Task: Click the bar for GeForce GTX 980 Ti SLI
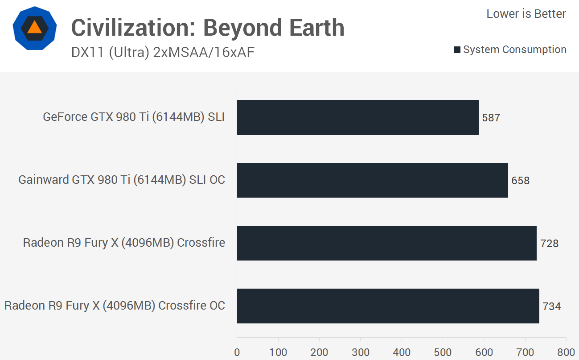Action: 357,117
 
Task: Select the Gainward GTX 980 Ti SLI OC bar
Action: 372,180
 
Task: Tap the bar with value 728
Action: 386,243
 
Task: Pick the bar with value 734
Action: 388,306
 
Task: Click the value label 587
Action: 491,118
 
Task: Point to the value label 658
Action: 521,181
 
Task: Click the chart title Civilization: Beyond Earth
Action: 208,28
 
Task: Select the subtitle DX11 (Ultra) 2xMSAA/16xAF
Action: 163,53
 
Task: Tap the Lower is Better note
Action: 526,14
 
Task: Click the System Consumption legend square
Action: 457,50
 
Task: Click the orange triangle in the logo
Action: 34,28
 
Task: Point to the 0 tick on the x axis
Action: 237,352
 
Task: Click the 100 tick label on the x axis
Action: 278,352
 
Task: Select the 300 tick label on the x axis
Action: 361,352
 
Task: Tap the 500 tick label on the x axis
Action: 443,352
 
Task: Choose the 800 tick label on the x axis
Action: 566,352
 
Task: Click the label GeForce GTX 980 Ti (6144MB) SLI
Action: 134,117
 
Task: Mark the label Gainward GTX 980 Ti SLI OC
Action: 122,180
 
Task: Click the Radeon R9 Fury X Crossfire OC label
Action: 115,306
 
